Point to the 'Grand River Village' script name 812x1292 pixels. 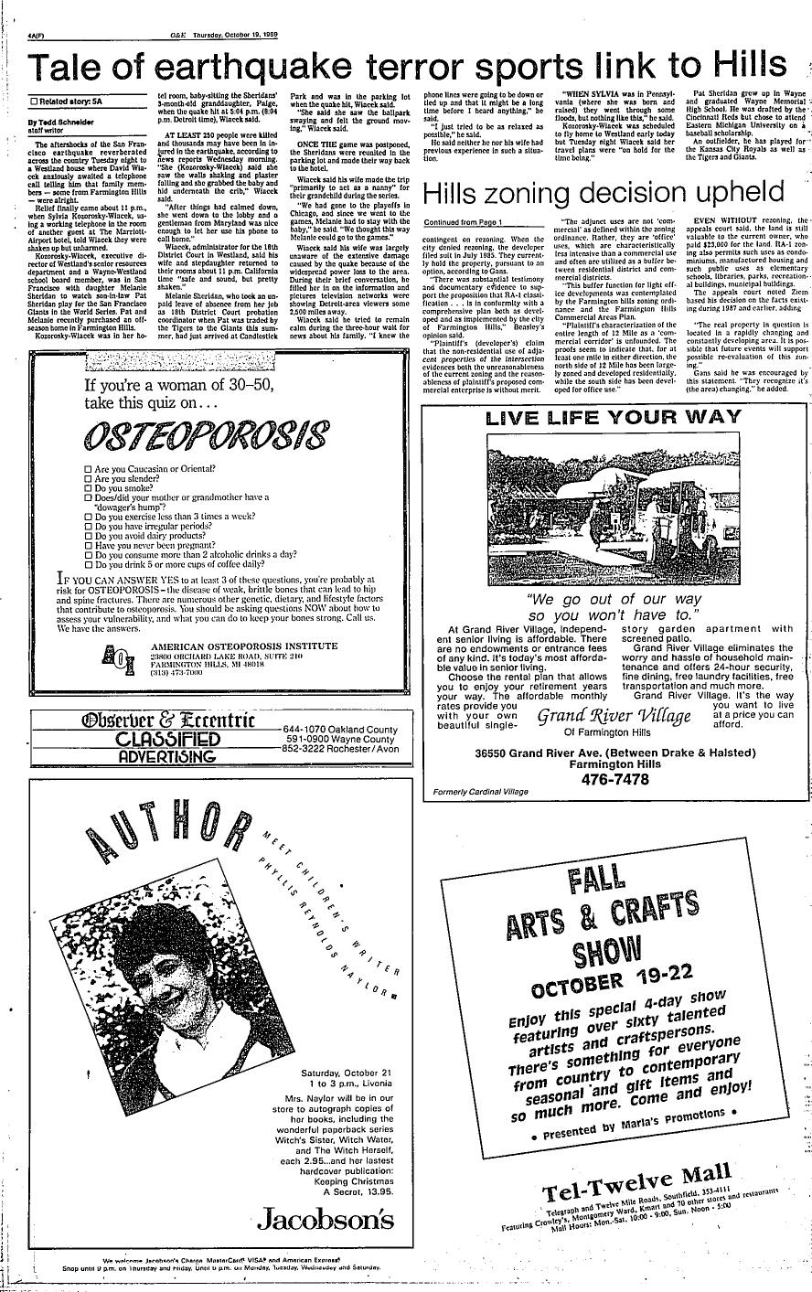(x=613, y=716)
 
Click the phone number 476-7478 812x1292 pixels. (x=613, y=779)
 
